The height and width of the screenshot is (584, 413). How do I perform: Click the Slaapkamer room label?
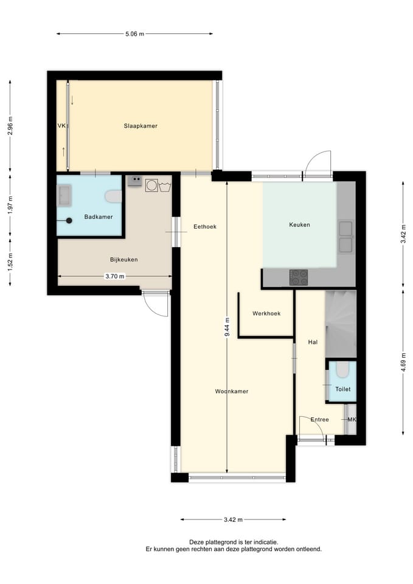coord(141,126)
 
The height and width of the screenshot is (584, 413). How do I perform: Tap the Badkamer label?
coord(99,217)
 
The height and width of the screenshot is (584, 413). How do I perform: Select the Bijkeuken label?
coord(123,260)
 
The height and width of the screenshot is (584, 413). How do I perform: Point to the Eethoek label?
coord(205,226)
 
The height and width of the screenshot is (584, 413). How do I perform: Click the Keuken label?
coord(299,224)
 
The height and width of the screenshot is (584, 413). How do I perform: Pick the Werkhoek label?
coord(266,313)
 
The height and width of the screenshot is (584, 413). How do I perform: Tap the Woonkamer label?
coord(232,391)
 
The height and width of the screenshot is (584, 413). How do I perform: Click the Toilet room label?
coord(342,389)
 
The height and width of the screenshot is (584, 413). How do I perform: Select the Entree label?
coord(319,419)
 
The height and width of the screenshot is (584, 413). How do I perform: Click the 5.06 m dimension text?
coord(134,34)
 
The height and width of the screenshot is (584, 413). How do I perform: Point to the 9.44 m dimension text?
coord(227,327)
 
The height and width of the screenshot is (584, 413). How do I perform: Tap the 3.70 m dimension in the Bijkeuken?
coord(115,276)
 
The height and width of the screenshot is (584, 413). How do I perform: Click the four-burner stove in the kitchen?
coord(299,277)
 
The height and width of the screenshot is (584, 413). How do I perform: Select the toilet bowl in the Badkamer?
coord(113,196)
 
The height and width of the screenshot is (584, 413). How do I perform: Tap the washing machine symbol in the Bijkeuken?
coord(151,186)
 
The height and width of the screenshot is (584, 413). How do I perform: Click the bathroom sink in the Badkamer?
coord(64,195)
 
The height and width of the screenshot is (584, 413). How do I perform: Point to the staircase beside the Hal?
coord(341,324)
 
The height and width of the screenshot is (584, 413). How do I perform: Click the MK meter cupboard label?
coord(352,419)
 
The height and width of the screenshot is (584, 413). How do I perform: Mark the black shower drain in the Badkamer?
coord(69,220)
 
